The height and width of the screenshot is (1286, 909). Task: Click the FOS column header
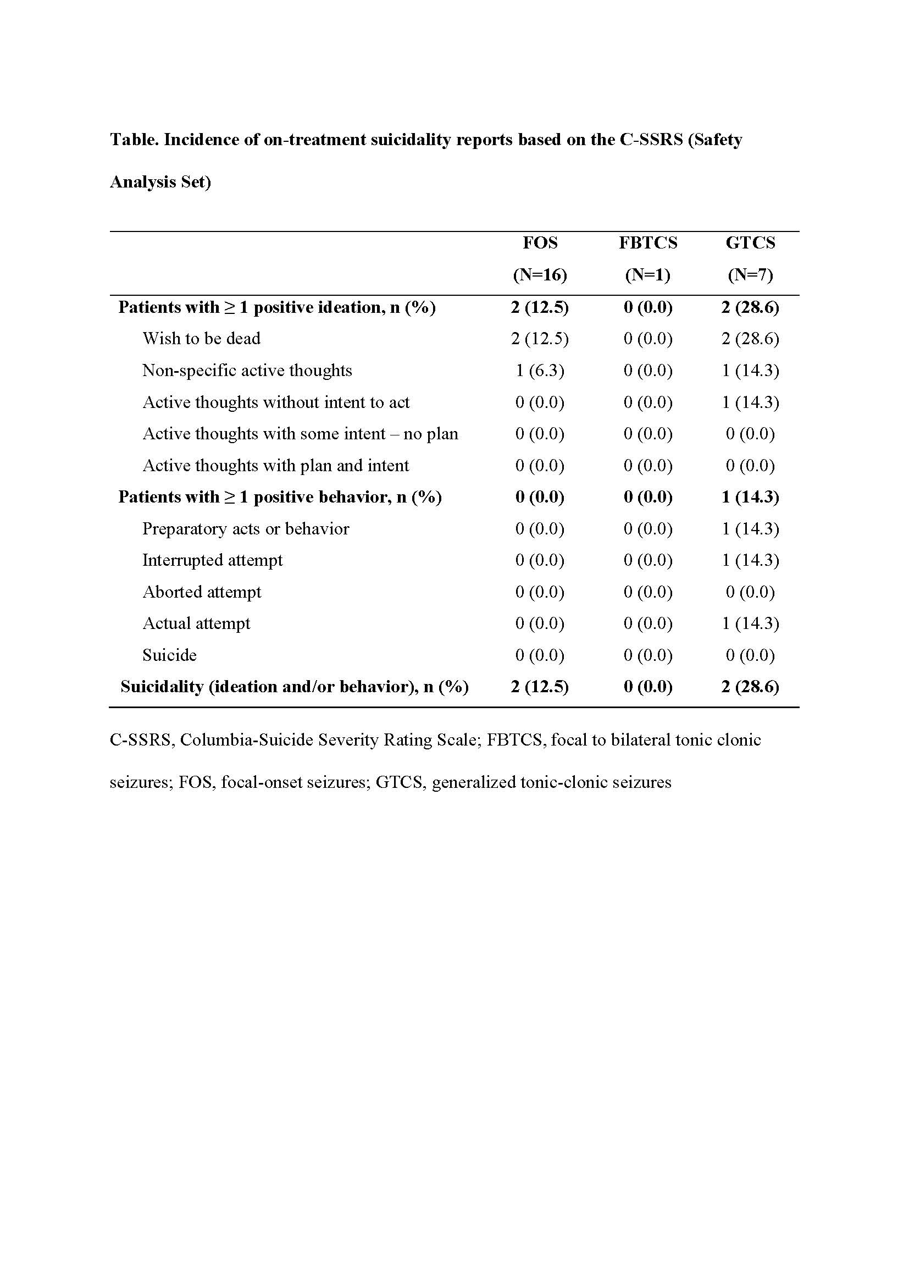[x=540, y=242]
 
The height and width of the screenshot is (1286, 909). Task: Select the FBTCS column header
[x=647, y=242]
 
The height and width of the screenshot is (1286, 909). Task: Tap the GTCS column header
[x=750, y=242]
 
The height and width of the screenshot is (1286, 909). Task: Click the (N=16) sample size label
[x=540, y=274]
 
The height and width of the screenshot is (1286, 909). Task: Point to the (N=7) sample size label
[x=750, y=274]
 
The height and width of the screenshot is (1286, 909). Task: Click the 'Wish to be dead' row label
[x=201, y=338]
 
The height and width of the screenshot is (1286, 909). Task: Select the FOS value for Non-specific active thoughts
[x=540, y=370]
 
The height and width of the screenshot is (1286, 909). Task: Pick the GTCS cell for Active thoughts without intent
[x=750, y=402]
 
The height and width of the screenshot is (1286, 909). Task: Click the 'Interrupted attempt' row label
[x=212, y=560]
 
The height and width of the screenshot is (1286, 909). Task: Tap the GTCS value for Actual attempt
[x=750, y=623]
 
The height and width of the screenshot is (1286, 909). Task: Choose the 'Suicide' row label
[x=169, y=655]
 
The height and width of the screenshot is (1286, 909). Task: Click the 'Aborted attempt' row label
[x=202, y=592]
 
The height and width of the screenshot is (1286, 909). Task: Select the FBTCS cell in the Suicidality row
[x=647, y=687]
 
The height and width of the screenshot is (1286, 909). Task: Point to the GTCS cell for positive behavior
[x=750, y=497]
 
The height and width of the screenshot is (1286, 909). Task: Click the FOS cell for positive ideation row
[x=540, y=307]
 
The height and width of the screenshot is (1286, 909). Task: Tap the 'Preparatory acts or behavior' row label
[x=245, y=529]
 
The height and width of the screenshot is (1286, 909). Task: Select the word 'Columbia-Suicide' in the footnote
[x=243, y=740]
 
